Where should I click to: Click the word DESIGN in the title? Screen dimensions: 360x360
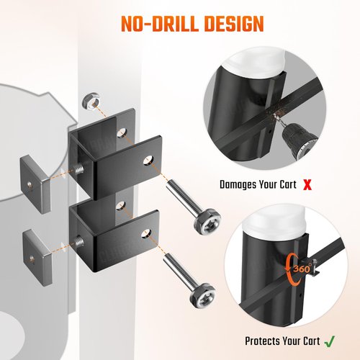pos(234,24)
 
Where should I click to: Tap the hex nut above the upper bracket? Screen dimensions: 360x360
pos(91,101)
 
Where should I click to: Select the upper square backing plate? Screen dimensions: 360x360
pos(35,184)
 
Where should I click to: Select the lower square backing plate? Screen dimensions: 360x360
pos(37,258)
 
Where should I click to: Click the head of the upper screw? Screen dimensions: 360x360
pos(207,222)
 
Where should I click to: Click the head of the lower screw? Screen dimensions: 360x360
pos(202,295)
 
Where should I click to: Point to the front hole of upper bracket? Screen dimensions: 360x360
pos(149,161)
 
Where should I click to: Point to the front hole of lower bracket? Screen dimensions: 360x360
pos(146,233)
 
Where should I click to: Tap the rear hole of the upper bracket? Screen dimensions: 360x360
pos(122,133)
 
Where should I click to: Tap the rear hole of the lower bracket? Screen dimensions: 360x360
pos(121,206)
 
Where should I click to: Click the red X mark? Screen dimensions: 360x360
pos(307,185)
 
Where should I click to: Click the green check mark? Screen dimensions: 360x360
pos(329,341)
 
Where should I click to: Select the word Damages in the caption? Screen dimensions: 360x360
pos(238,185)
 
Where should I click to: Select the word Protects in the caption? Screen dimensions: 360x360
pos(262,341)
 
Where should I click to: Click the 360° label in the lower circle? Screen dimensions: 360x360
pos(302,269)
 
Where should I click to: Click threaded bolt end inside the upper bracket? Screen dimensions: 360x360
pos(79,169)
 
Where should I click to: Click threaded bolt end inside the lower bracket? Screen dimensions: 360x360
pos(78,242)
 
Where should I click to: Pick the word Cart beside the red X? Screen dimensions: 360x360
pos(288,185)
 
